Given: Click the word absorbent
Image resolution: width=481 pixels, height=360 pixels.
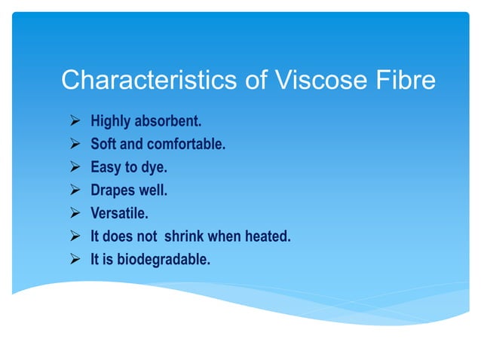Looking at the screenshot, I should pos(170,121).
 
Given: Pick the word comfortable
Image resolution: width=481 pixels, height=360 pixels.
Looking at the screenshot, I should pos(186,144).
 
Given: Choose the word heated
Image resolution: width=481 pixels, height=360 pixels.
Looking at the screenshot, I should pos(267,236).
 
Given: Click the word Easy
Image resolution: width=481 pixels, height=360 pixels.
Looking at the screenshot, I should pos(106,167).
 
